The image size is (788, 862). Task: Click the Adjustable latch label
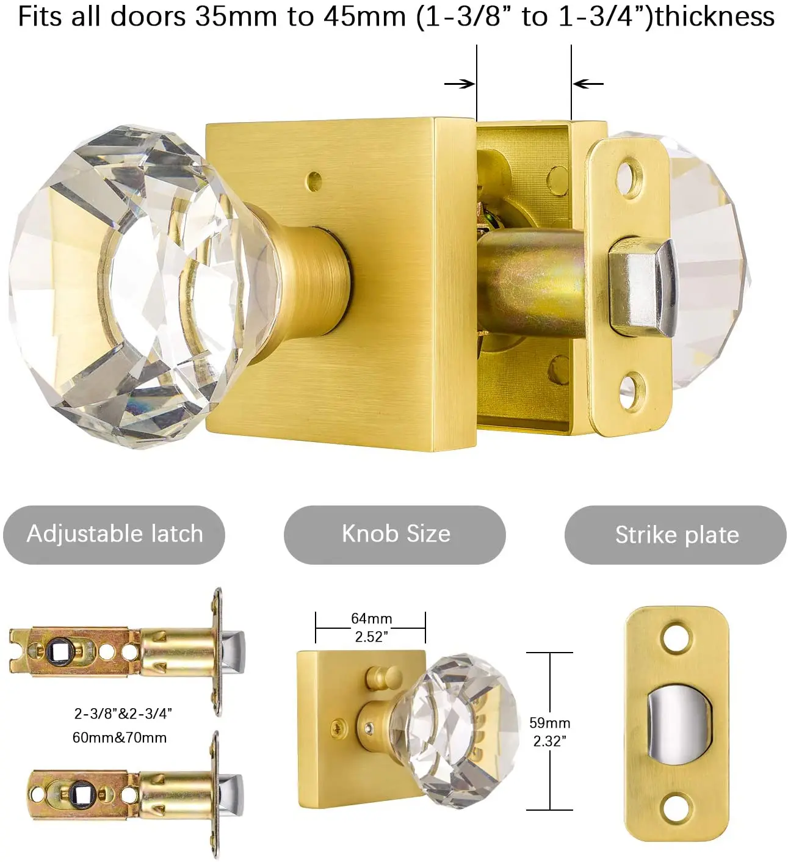coord(115,534)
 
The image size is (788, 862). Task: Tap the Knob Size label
coord(396,534)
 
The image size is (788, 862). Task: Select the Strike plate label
coord(676,535)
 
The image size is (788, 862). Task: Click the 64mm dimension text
coord(371,618)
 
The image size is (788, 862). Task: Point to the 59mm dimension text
coord(549,723)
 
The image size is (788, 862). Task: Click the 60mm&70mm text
coord(120,737)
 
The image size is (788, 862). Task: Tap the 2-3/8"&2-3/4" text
coord(123,713)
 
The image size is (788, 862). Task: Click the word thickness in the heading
coord(715,16)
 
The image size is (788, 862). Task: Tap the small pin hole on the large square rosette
coord(314,180)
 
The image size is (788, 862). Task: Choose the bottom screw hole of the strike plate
coord(676,807)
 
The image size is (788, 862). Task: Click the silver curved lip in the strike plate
coord(678,723)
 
